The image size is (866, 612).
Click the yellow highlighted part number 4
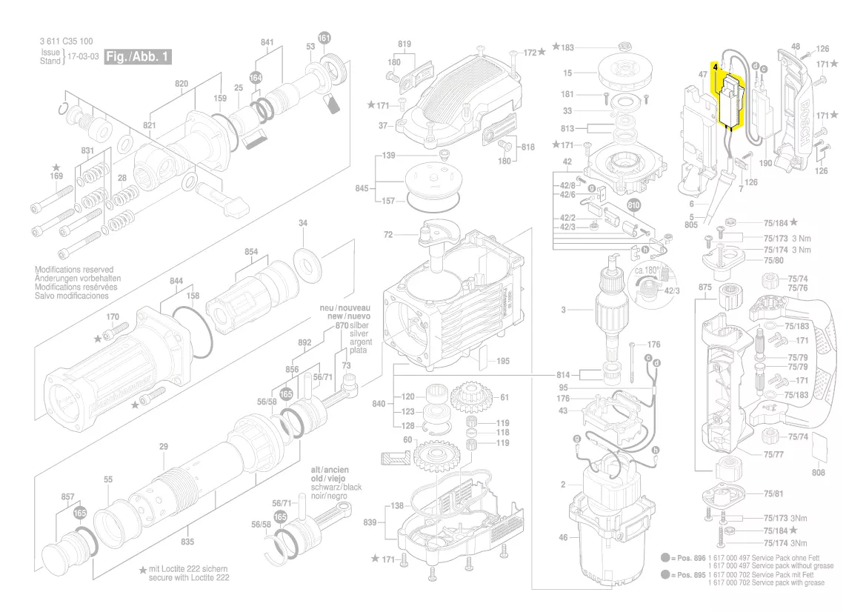(715, 67)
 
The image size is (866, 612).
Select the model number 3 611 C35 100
(66, 41)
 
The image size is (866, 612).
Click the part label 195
(503, 361)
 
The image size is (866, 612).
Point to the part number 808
(818, 472)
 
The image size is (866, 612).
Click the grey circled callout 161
(324, 38)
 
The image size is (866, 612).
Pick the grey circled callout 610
(633, 204)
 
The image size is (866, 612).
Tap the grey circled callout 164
(256, 77)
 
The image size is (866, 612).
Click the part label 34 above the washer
(302, 223)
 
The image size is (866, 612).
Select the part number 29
(164, 446)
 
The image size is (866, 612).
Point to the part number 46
(562, 537)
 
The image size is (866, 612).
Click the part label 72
(387, 235)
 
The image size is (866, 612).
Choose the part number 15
(567, 73)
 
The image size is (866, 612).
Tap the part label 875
(705, 287)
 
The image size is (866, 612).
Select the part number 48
(795, 47)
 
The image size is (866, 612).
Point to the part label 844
(176, 281)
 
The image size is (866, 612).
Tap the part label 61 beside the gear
(504, 397)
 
